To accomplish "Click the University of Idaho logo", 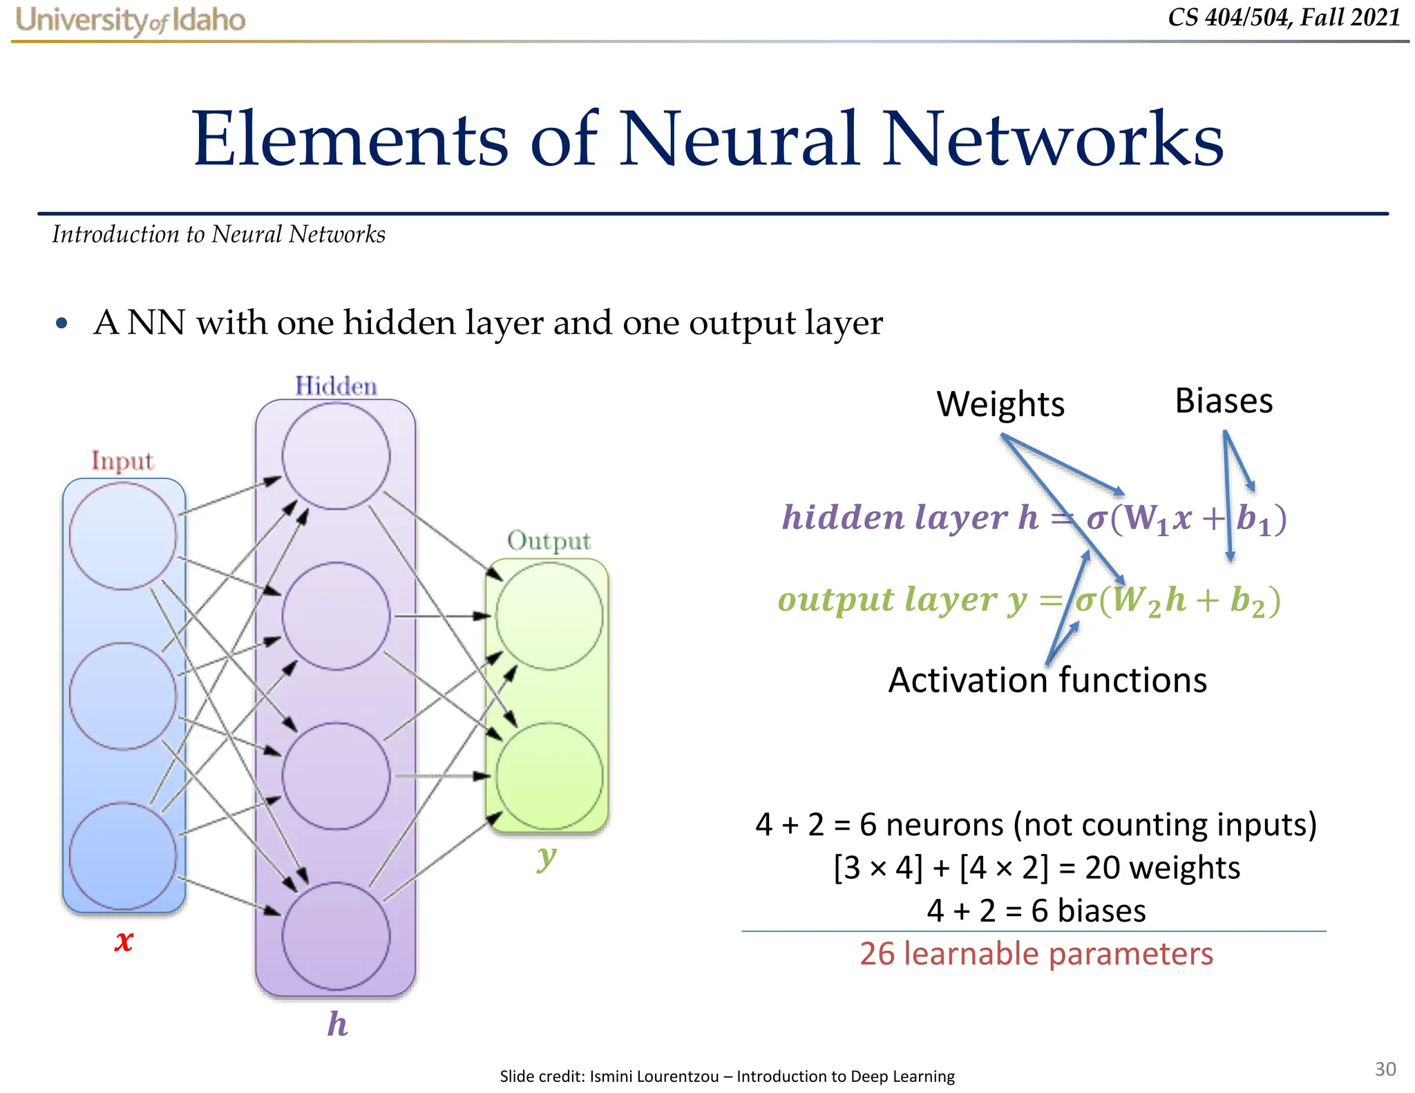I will tap(131, 20).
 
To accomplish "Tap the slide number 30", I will tap(1385, 1069).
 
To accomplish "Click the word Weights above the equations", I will tap(1000, 404).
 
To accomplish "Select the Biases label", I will tap(1224, 401).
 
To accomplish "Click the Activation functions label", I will tap(1047, 681).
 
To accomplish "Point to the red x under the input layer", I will tap(124, 940).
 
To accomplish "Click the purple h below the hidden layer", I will tap(337, 1024).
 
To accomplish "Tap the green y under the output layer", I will tap(546, 857).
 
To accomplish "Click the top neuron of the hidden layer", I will tap(336, 456).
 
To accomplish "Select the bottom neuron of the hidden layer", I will tap(336, 936).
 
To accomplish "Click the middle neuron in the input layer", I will tap(123, 696).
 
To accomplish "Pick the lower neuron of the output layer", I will tap(549, 776).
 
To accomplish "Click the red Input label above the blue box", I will tap(122, 461).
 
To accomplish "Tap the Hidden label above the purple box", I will tap(336, 386).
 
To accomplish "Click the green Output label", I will tap(549, 541).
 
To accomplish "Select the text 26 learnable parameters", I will tap(1036, 954).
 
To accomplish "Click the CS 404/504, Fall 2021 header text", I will tap(1284, 17).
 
